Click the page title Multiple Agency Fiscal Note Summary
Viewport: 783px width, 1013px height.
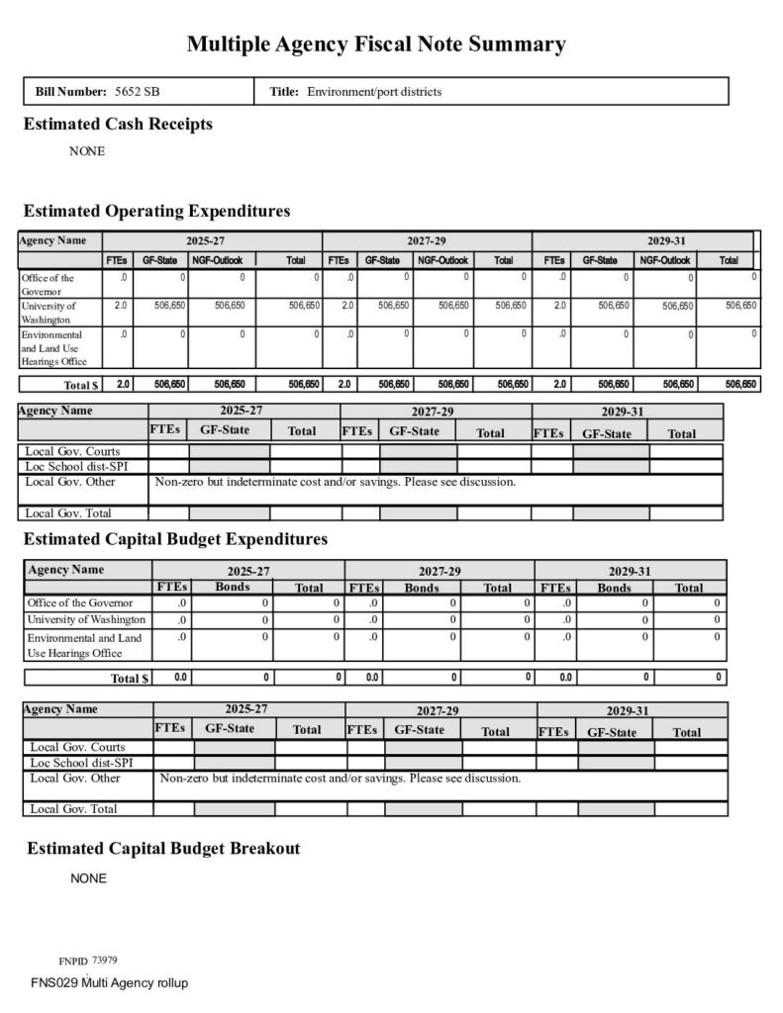pyautogui.click(x=376, y=45)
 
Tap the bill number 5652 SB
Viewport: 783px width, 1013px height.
pyautogui.click(x=138, y=92)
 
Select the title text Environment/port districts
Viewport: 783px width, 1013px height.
pyautogui.click(x=374, y=92)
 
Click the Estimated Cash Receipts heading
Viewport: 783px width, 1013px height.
pyautogui.click(x=117, y=125)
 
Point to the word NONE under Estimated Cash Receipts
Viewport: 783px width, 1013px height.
pyautogui.click(x=87, y=152)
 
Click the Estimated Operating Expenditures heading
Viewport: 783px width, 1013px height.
pyautogui.click(x=156, y=211)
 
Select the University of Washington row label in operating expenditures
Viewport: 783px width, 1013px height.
pyautogui.click(x=49, y=313)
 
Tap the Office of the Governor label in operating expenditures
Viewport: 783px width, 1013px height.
pyautogui.click(x=48, y=285)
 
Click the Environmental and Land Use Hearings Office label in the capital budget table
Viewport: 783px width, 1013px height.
pyautogui.click(x=85, y=645)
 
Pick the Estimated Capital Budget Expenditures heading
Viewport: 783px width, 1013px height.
pyautogui.click(x=175, y=539)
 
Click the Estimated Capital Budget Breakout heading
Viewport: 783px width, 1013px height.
pyautogui.click(x=163, y=849)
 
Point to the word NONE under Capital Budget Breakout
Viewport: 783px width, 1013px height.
pyautogui.click(x=88, y=878)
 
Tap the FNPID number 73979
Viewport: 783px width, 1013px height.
pyautogui.click(x=105, y=961)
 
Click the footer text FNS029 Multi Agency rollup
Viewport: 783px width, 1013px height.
pyautogui.click(x=109, y=983)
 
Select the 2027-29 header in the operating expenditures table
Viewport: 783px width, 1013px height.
pyautogui.click(x=427, y=240)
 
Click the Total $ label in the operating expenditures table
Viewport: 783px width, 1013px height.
pyautogui.click(x=82, y=384)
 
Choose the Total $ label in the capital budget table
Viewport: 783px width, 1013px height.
pyautogui.click(x=130, y=679)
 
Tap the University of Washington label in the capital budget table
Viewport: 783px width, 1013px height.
pyautogui.click(x=86, y=619)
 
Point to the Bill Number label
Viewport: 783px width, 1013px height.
pyautogui.click(x=70, y=92)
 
